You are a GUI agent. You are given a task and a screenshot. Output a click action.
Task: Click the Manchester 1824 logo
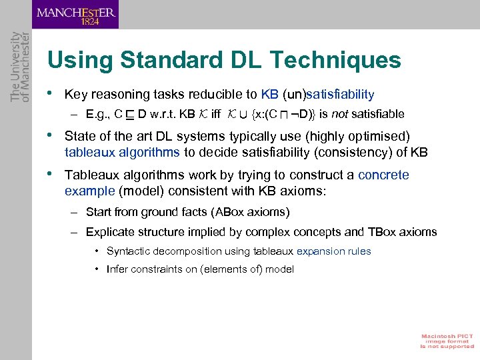76,15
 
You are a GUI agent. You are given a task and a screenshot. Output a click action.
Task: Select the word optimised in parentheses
373,136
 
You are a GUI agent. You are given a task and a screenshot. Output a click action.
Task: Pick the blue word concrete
383,175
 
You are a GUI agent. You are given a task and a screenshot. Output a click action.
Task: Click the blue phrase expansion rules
333,251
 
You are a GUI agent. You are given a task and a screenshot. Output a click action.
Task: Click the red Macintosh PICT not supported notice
446,340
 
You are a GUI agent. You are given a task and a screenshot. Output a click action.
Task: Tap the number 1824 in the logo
91,21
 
